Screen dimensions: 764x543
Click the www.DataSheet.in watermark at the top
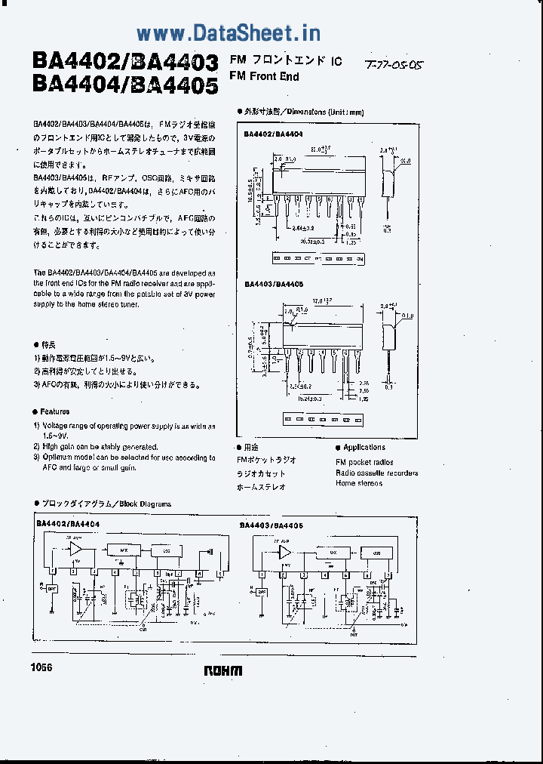tap(229, 32)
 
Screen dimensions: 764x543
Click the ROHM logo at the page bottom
tap(223, 670)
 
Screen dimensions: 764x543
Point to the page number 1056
tap(42, 667)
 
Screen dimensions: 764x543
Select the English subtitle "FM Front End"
tap(264, 76)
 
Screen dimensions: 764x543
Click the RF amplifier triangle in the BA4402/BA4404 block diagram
tap(77, 549)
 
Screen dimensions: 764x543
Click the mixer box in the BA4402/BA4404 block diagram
tap(123, 550)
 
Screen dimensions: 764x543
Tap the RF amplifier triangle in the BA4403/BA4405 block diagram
tap(286, 553)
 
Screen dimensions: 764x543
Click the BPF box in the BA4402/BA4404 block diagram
tap(51, 588)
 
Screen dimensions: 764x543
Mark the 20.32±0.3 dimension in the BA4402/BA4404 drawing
tap(312, 242)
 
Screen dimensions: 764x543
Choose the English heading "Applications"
tap(364, 448)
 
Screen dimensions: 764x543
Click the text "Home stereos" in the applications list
tap(360, 483)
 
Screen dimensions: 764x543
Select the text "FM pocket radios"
tap(364, 462)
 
